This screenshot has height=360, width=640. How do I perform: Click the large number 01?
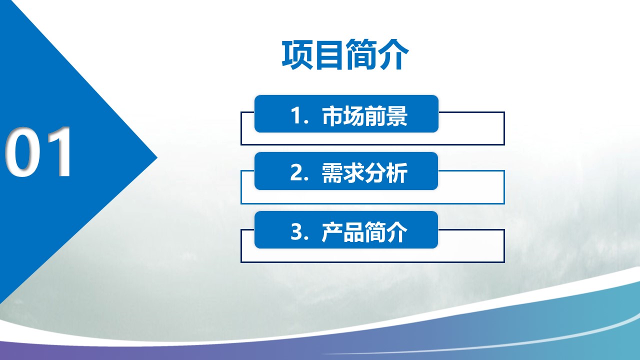tap(38, 152)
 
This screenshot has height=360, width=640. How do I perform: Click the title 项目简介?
tap(345, 54)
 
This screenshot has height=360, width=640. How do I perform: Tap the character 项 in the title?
tap(297, 54)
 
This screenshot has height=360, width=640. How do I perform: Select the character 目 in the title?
tap(329, 54)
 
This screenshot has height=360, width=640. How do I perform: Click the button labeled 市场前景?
tap(346, 113)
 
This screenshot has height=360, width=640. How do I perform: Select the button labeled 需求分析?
tap(346, 171)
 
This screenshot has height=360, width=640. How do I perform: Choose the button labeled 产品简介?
tap(346, 229)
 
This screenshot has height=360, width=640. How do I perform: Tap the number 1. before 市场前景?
tap(299, 115)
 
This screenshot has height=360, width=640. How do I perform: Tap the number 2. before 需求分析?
tap(299, 172)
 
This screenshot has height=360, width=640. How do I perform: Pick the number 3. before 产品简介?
tap(299, 231)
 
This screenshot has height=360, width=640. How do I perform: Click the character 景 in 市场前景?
tap(397, 115)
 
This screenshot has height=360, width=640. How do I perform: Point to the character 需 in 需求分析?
tap(332, 172)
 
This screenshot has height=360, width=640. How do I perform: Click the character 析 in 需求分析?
tap(397, 172)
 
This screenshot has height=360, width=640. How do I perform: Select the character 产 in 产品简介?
tap(332, 231)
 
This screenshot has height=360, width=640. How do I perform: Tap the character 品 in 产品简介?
tap(353, 231)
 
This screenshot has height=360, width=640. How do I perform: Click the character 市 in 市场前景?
tap(332, 115)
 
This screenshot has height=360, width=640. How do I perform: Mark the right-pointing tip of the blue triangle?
tap(157, 157)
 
